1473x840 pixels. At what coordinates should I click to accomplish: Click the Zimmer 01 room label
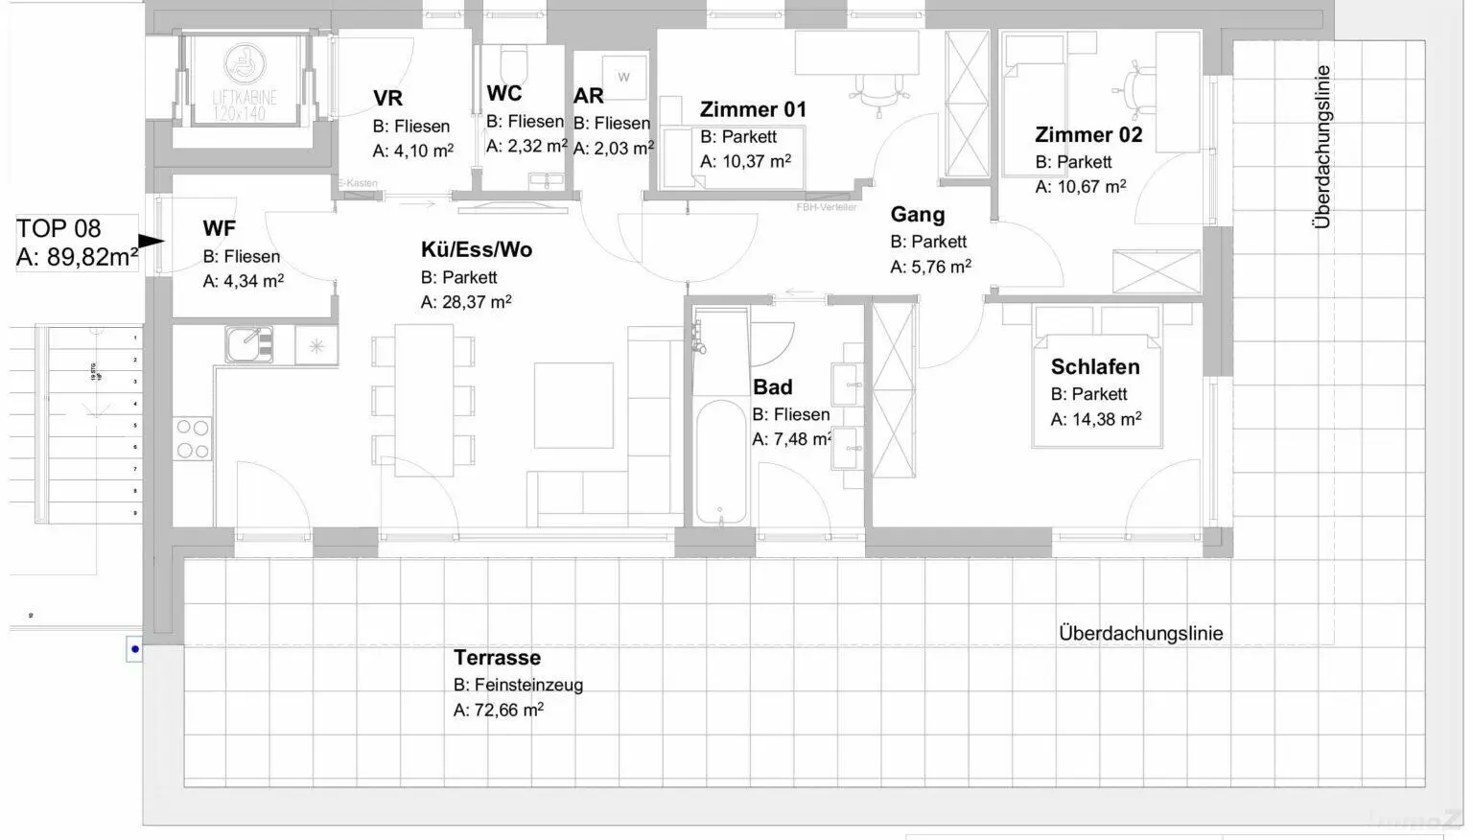753,109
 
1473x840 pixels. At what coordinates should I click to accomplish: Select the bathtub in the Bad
721,460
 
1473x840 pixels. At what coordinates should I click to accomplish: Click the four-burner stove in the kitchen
193,439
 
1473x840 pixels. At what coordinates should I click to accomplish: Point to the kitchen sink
249,344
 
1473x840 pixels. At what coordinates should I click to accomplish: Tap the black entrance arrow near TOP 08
151,242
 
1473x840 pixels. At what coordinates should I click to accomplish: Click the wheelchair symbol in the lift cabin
243,63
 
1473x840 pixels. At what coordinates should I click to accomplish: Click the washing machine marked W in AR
623,76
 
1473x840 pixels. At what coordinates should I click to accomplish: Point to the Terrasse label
497,658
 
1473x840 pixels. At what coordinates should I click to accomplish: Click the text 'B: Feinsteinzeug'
518,685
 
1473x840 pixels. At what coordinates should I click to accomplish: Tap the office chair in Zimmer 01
876,90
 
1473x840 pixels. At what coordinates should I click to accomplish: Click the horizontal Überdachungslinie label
1140,633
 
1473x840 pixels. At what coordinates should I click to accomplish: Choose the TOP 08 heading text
58,228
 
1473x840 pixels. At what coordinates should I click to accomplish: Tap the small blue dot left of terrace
135,649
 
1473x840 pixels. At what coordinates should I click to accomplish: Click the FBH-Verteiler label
826,207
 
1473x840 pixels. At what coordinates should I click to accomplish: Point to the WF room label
219,228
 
